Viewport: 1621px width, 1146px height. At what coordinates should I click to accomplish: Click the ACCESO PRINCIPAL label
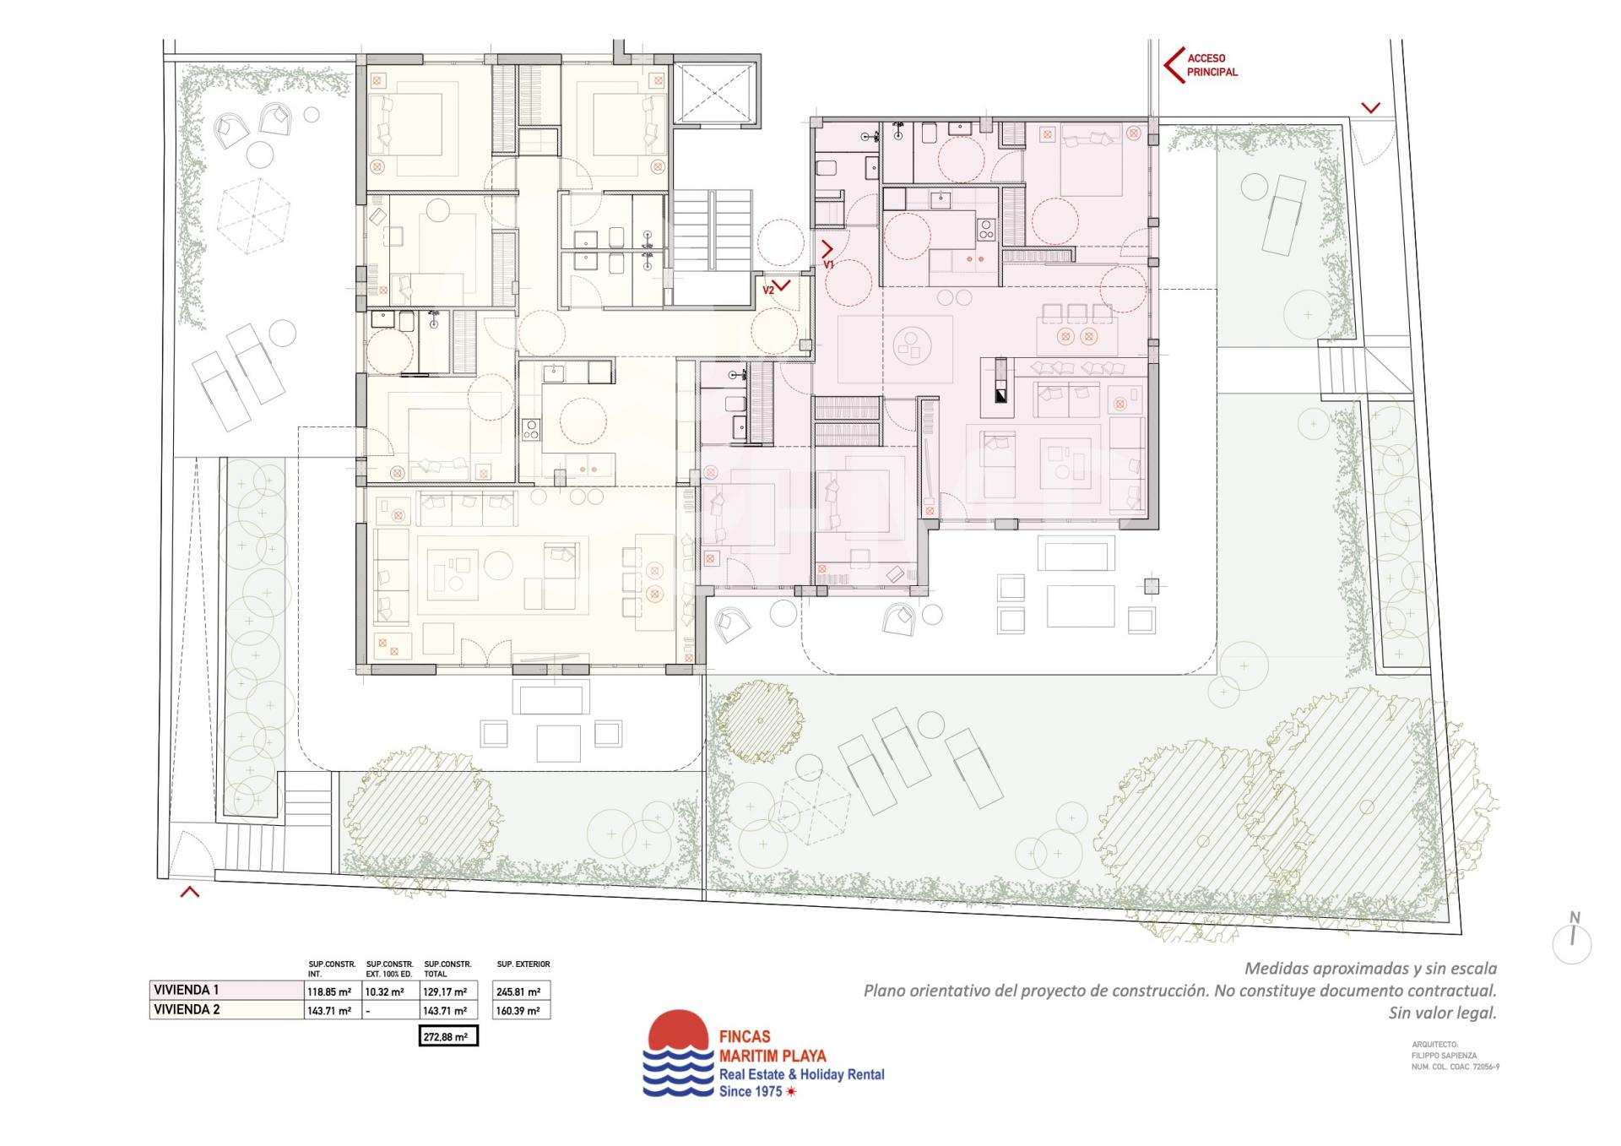pyautogui.click(x=1212, y=65)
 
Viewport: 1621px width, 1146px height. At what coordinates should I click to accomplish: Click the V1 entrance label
pyautogui.click(x=829, y=264)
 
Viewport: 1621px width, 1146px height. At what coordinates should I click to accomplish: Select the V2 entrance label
pyautogui.click(x=768, y=290)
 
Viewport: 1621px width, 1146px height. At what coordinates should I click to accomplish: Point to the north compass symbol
pyautogui.click(x=1572, y=940)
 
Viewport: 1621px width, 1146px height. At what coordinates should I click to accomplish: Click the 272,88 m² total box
pyautogui.click(x=448, y=1035)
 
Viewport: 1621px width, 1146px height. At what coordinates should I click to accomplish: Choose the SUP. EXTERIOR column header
pyautogui.click(x=523, y=964)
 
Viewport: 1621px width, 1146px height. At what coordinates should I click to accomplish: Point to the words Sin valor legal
pyautogui.click(x=1442, y=1013)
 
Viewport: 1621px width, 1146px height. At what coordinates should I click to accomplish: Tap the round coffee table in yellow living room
pyautogui.click(x=497, y=564)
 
